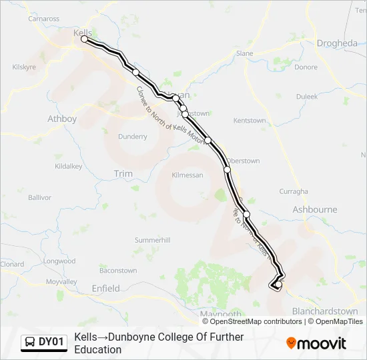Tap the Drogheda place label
click(337, 43)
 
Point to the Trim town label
click(123, 173)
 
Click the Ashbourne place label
click(315, 209)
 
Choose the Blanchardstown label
click(325, 311)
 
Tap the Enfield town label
click(105, 289)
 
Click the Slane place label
click(245, 53)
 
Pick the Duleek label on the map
click(307, 96)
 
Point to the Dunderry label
click(132, 137)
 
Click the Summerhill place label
click(153, 239)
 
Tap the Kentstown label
click(250, 121)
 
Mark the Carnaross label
click(44, 19)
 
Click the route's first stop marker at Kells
click(85, 39)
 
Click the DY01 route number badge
click(51, 342)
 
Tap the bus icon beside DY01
click(30, 343)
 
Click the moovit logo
click(316, 343)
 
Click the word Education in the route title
click(98, 349)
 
